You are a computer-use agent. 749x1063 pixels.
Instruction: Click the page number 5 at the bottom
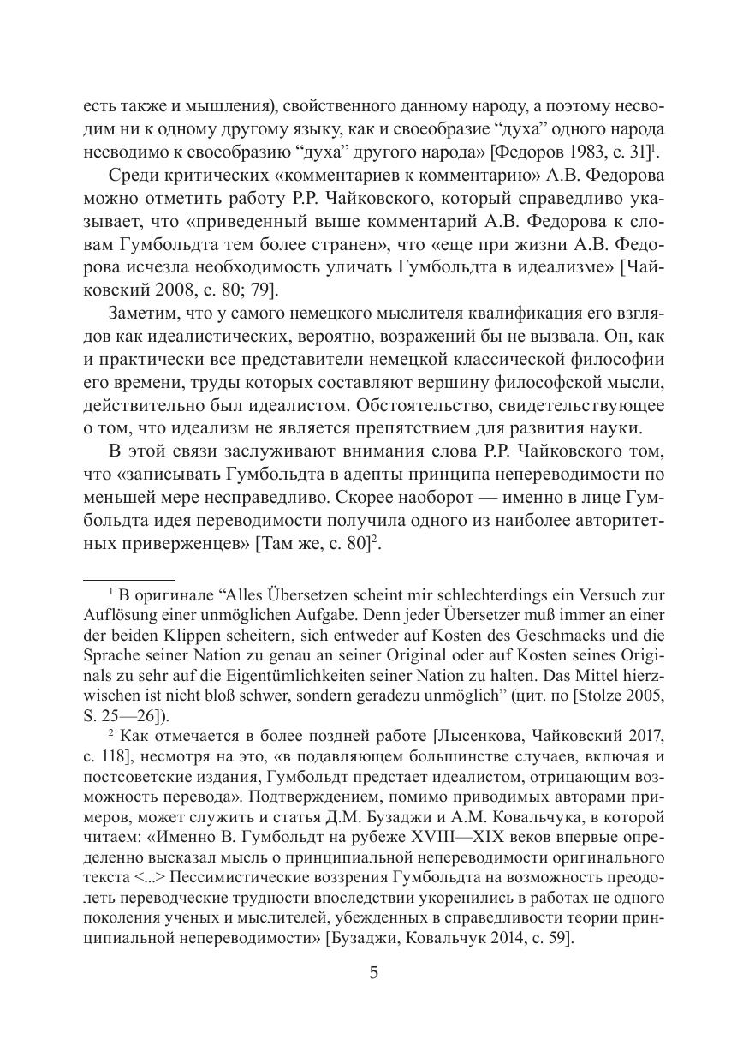(x=373, y=972)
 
